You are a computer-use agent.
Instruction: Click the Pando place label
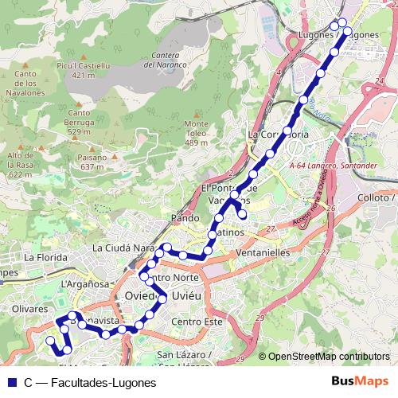184,217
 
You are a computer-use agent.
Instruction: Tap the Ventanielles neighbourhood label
263,252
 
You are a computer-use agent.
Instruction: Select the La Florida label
43,258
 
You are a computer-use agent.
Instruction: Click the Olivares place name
31,306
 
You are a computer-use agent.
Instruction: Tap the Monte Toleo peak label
196,133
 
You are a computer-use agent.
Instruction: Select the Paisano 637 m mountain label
92,162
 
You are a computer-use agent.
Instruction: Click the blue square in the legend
10,382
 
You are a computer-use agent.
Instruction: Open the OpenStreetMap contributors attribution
328,357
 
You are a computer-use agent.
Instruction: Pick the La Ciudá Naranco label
123,248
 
